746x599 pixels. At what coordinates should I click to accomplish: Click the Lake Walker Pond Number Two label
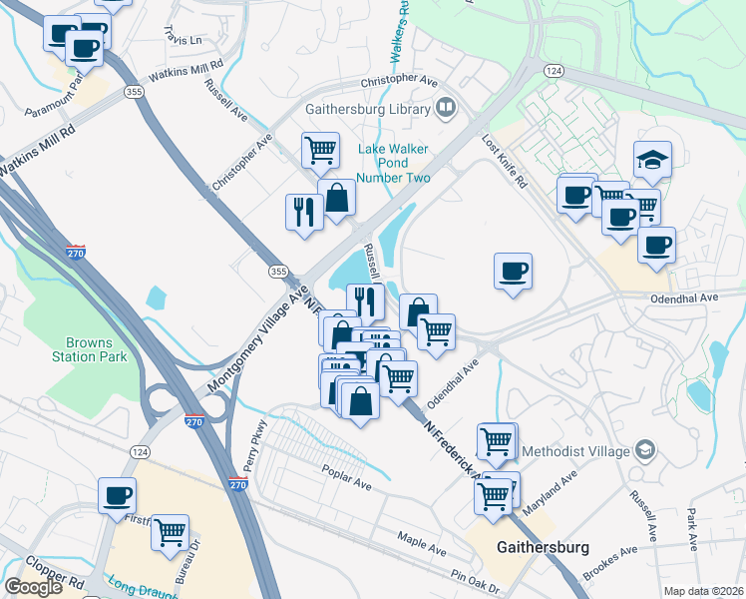click(x=394, y=164)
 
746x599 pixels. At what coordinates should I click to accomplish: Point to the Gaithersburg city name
click(x=543, y=548)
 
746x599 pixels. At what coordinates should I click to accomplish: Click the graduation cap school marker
click(x=652, y=160)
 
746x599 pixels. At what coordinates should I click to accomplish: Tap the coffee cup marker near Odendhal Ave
click(x=513, y=272)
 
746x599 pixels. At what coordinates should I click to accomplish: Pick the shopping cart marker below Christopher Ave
click(x=320, y=151)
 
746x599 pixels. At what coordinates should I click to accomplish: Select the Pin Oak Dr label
click(x=473, y=578)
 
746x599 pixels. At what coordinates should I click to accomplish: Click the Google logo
click(x=33, y=587)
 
